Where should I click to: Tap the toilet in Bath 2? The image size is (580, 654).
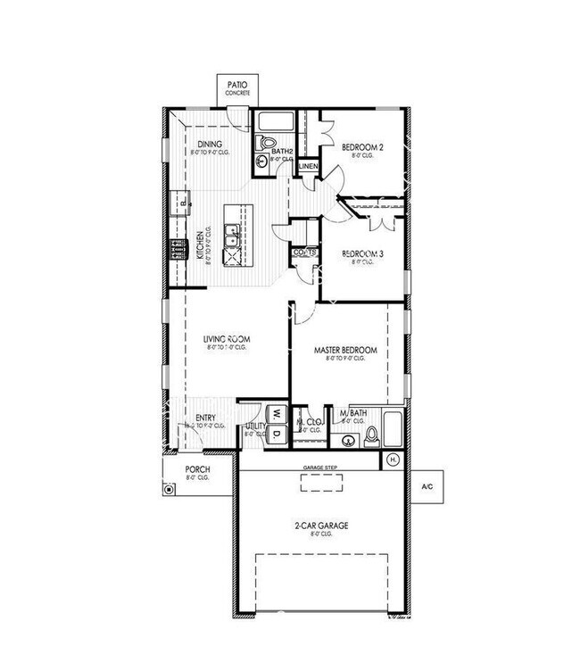pos(266,143)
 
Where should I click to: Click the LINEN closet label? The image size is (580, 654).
pos(308,167)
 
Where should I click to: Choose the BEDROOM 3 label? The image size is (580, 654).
pos(362,254)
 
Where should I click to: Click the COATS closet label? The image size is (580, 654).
pos(304,252)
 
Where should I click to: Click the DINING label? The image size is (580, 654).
pos(211,145)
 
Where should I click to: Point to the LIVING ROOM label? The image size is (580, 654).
pos(225,339)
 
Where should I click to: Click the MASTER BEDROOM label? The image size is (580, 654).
pos(345,350)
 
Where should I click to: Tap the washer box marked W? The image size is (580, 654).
pos(277,414)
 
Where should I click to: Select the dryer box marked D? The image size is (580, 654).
pos(277,434)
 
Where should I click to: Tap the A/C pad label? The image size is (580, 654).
pos(426,487)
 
